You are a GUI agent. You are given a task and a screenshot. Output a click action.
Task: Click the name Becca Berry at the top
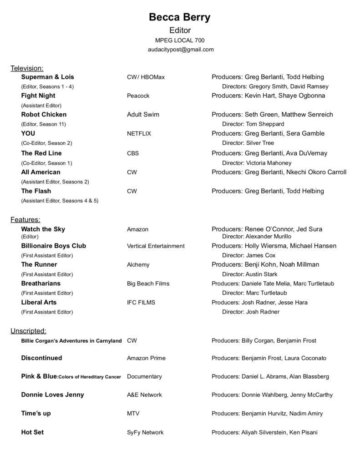point(180,18)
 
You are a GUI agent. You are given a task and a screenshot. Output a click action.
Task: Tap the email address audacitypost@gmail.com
point(180,49)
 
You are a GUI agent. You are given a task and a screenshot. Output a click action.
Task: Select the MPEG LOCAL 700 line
point(180,40)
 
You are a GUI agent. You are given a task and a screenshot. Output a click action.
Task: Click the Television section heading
point(27,68)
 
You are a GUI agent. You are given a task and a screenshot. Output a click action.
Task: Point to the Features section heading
point(25,220)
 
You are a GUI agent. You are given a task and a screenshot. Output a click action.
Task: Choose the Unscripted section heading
point(28,331)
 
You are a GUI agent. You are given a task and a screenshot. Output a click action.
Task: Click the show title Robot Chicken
point(44,114)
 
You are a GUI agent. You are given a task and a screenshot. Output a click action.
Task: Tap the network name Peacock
point(138,96)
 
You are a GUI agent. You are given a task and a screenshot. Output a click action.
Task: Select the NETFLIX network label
point(139,133)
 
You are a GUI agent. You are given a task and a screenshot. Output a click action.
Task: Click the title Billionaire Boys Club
point(53,246)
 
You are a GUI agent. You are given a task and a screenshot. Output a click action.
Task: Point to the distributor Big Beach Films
point(148,284)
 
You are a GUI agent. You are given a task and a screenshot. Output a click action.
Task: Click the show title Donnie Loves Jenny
point(52,395)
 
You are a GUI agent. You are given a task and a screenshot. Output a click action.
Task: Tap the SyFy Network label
point(145,432)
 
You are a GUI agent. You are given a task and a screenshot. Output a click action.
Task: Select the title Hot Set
point(32,432)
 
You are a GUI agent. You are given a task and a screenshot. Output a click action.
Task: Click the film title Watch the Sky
point(43,229)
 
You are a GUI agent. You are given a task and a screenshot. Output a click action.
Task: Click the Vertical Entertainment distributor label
point(156,246)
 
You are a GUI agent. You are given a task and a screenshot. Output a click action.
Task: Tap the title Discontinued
point(41,358)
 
